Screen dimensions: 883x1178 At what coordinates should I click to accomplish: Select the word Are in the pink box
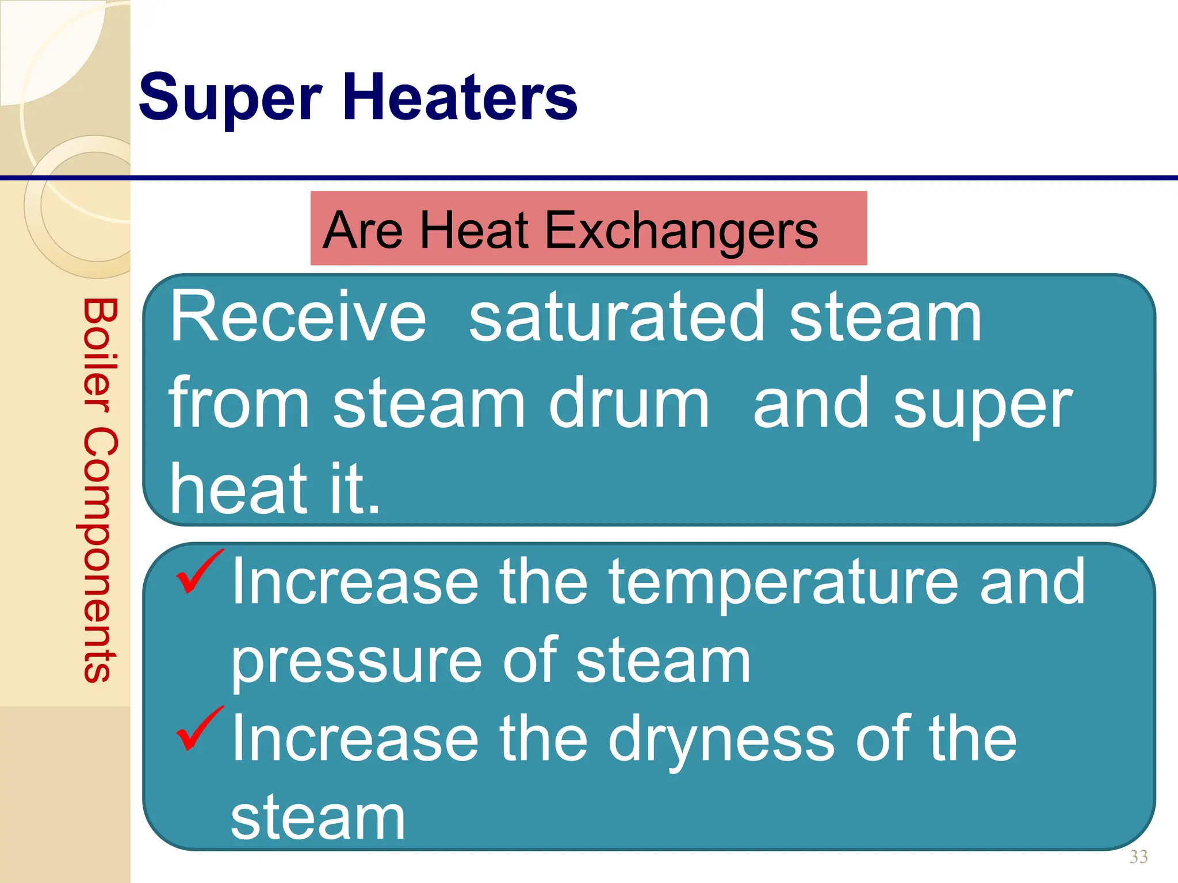coord(362,230)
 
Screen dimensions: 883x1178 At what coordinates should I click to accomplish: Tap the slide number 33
coord(1138,857)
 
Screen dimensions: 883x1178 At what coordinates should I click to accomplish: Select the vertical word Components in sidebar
coord(100,555)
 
